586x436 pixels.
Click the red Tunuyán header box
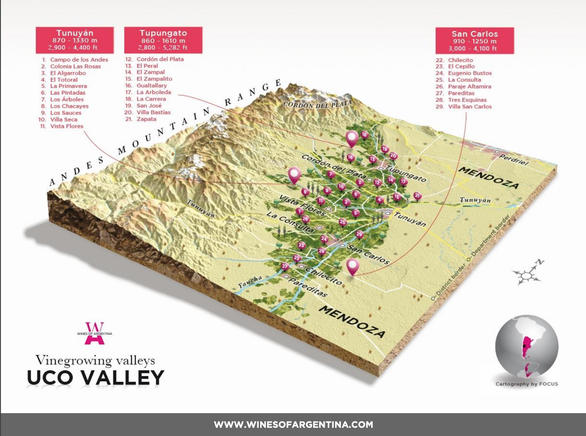coord(75,40)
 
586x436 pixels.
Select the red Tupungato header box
coord(163,40)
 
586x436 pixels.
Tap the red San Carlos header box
coord(475,41)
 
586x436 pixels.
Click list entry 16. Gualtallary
coord(151,85)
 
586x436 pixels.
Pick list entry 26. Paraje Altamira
coord(469,86)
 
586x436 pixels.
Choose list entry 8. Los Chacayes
coord(69,106)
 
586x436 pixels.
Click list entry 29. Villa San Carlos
coord(470,107)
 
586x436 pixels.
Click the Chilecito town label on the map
coord(323,276)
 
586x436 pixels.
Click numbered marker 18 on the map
coord(364,134)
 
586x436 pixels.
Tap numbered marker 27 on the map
coord(285,266)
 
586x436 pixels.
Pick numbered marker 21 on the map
coord(417,196)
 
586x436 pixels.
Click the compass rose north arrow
coord(539,262)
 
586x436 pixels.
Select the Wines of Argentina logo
coord(94,333)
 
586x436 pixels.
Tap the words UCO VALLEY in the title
coord(96,378)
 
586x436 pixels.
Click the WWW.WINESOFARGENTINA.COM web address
coord(293,425)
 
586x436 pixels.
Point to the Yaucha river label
coord(251,281)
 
